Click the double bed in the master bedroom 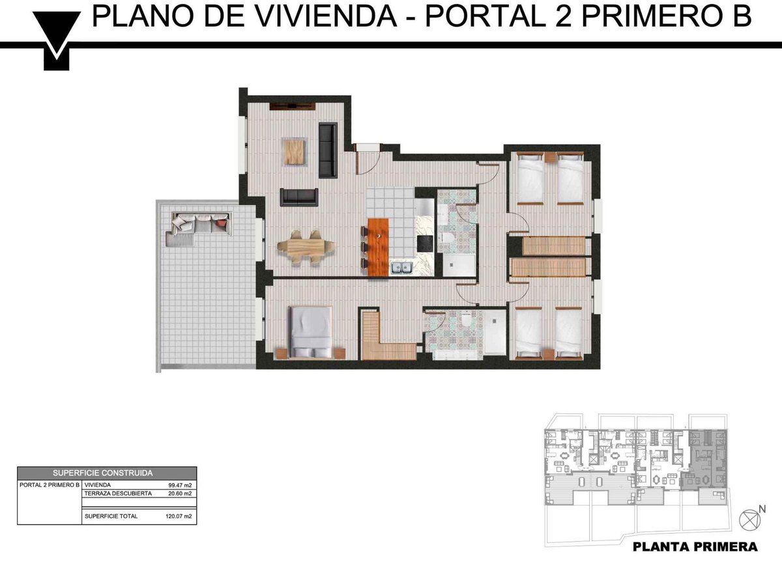point(311,331)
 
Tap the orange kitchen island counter point(378,247)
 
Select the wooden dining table point(306,247)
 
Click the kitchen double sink point(401,268)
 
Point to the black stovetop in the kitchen point(425,243)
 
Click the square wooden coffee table point(295,152)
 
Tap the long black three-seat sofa point(328,150)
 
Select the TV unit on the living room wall point(293,105)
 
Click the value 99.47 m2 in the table point(180,485)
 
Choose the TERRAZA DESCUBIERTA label point(118,494)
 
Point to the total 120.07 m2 point(179,516)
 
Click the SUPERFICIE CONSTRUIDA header point(102,473)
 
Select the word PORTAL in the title point(485,16)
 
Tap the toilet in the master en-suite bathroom point(467,318)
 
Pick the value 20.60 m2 point(180,494)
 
